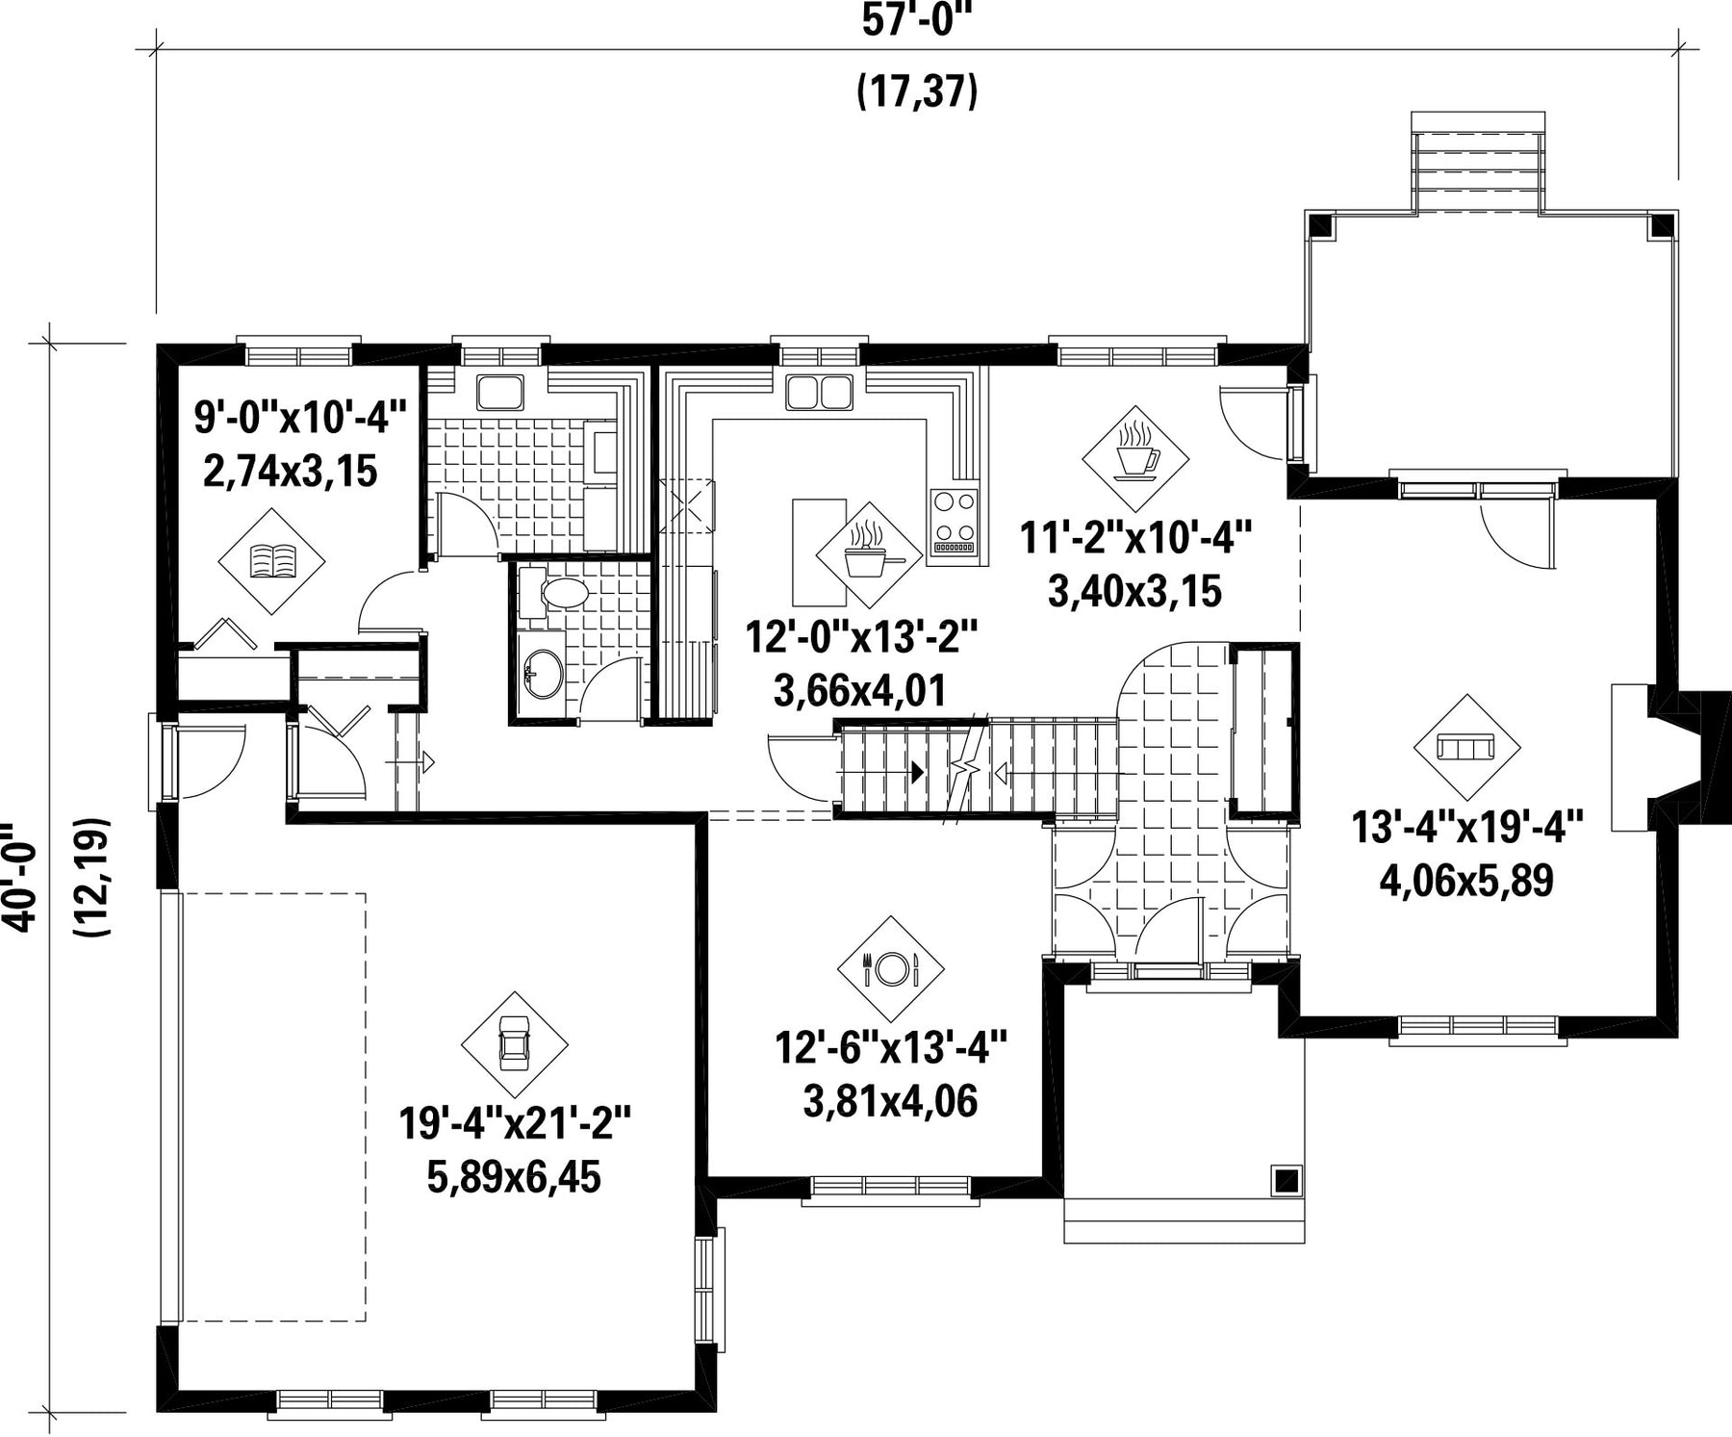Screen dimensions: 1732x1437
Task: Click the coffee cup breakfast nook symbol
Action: [1133, 460]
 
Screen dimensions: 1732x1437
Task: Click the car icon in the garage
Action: [514, 1044]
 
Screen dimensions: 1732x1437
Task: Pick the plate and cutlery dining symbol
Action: [891, 967]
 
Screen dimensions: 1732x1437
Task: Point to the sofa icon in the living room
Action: [1466, 747]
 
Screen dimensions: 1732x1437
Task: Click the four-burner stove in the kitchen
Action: [954, 521]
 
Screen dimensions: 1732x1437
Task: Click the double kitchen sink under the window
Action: [819, 392]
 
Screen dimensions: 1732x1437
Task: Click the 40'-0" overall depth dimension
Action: [21, 877]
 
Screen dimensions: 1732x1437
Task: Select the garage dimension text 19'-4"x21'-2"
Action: [515, 1122]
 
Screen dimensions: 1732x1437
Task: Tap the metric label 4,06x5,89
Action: [1466, 880]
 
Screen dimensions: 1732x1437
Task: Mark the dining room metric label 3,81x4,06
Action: [890, 1101]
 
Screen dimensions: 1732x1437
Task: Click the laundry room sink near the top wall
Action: [500, 392]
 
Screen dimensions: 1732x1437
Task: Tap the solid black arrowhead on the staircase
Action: [917, 771]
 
